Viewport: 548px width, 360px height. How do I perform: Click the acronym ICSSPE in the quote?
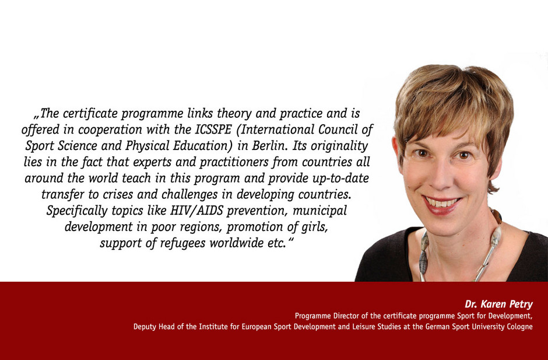(213, 130)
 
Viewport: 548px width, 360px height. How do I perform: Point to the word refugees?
(182, 243)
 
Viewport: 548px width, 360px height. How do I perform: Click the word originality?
(339, 146)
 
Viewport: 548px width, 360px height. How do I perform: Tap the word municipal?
(320, 211)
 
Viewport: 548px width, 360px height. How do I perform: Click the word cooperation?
(110, 130)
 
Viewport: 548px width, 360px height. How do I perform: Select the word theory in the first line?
(234, 114)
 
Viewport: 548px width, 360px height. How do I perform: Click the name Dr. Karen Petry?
(498, 304)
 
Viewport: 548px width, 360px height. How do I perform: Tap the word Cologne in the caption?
(519, 327)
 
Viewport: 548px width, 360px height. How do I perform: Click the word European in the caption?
(257, 327)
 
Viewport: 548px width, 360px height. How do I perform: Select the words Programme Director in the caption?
(327, 316)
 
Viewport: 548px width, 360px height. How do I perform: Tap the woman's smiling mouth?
(442, 205)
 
